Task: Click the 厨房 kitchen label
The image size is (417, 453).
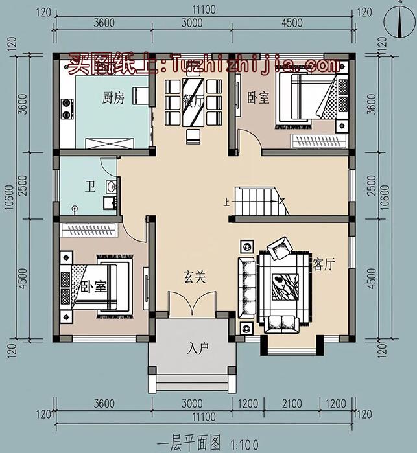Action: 113,98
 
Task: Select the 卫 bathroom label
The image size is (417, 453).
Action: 89,189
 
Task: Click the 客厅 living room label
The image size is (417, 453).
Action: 324,264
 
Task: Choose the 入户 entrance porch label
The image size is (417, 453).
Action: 197,349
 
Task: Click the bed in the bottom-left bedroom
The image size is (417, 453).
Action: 104,286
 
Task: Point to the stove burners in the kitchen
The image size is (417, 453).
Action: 66,108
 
